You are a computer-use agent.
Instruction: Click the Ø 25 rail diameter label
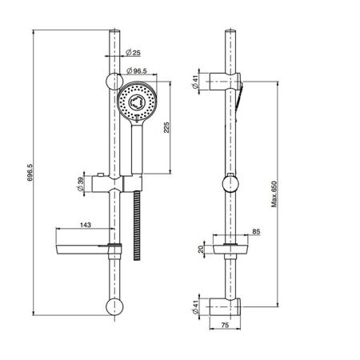(x=133, y=53)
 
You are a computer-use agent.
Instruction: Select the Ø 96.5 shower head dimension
(x=137, y=70)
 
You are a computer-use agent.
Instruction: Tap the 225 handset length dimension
(x=166, y=127)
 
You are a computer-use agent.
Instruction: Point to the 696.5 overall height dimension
(x=30, y=173)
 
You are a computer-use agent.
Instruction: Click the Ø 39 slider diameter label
(x=80, y=184)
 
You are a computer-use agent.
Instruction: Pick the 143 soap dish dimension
(x=86, y=225)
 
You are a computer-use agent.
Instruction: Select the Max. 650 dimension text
(x=274, y=194)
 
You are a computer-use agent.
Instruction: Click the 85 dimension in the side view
(x=256, y=231)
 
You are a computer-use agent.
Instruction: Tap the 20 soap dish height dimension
(x=201, y=249)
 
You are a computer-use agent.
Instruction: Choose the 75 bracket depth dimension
(x=225, y=325)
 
